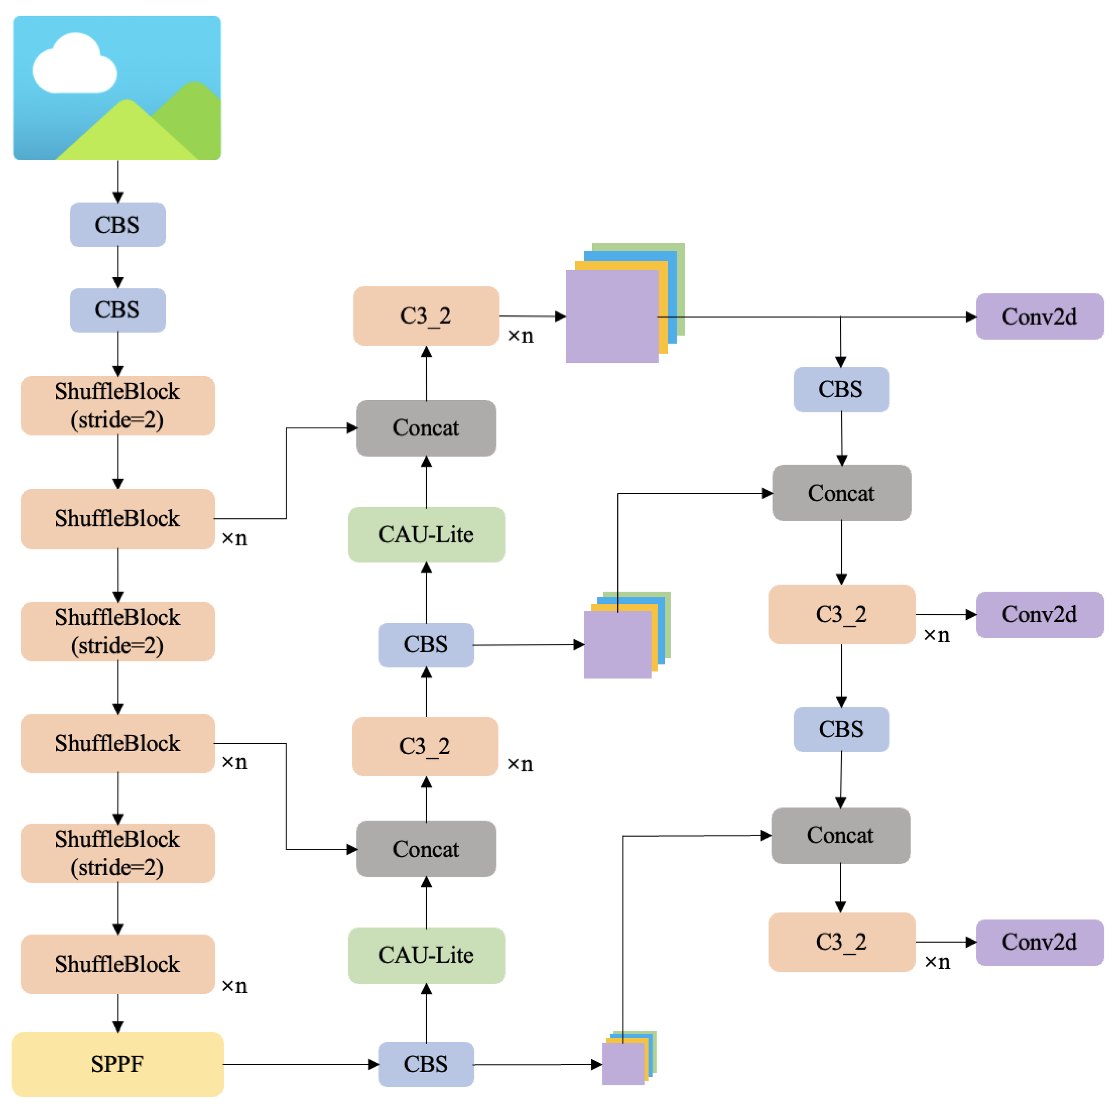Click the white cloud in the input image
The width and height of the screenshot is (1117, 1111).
point(74,67)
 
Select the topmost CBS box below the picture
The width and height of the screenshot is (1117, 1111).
point(117,224)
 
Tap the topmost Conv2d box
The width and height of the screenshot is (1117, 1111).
point(1039,317)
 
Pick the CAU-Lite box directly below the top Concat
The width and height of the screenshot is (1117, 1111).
point(426,534)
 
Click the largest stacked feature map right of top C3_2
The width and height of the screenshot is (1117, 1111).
point(612,317)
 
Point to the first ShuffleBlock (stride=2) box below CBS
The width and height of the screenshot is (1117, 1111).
point(117,405)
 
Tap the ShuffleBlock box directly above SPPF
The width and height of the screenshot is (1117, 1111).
point(117,964)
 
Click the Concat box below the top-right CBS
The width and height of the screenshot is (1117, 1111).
point(841,493)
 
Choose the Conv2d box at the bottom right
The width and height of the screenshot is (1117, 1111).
point(1039,942)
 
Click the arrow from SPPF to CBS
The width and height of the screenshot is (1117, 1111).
point(301,1064)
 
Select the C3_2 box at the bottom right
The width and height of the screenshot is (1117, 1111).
point(841,942)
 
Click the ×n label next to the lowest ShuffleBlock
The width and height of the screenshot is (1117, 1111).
point(234,985)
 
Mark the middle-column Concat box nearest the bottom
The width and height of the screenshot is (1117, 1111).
point(426,849)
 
